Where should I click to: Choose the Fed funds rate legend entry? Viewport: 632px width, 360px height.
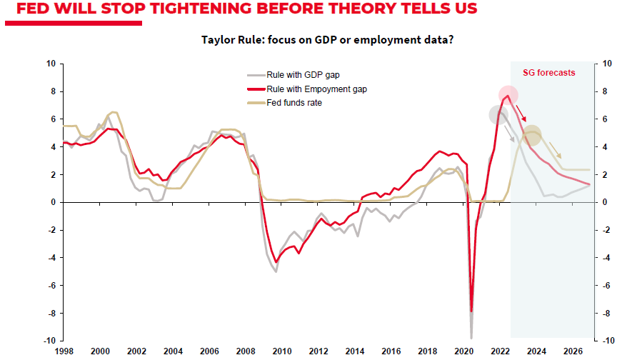pos(293,103)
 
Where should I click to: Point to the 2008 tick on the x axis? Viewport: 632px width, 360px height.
pos(245,351)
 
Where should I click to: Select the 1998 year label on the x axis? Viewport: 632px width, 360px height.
pos(64,351)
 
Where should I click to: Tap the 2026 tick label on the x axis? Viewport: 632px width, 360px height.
pos(573,351)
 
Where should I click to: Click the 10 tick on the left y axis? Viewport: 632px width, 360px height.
pos(51,64)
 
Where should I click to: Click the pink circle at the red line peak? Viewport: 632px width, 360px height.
pos(508,95)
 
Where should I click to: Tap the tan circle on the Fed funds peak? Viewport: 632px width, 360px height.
pos(532,134)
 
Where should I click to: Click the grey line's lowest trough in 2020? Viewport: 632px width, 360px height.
pos(471,337)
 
